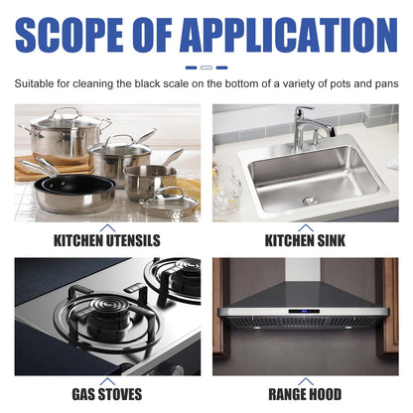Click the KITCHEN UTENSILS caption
tap(107, 240)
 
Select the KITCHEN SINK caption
tap(305, 240)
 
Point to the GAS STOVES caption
tap(107, 394)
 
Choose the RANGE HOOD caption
tap(305, 394)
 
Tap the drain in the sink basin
tap(309, 201)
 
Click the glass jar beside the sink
tap(225, 189)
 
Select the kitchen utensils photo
tap(107, 163)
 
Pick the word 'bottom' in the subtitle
tap(249, 84)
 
